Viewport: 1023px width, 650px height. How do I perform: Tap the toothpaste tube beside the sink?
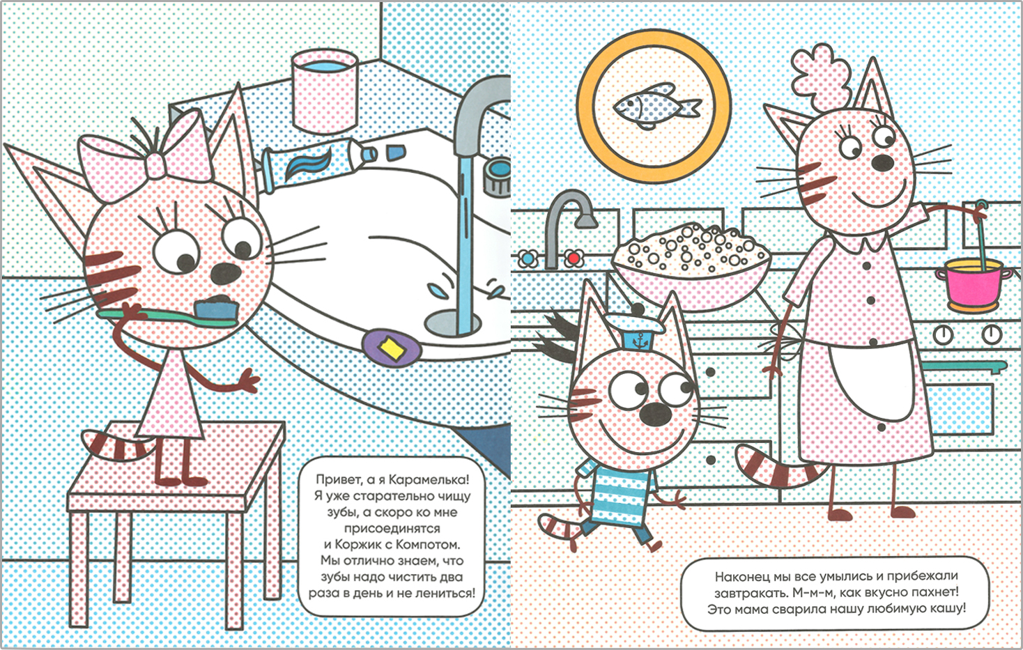[x=320, y=165]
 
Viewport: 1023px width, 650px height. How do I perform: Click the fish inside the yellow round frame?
[x=656, y=107]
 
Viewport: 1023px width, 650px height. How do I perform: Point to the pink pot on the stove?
[x=973, y=284]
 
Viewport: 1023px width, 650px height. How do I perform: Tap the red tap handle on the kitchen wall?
[x=574, y=258]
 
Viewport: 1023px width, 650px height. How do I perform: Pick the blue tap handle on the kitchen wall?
[x=528, y=258]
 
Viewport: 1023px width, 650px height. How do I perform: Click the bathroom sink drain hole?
[x=452, y=323]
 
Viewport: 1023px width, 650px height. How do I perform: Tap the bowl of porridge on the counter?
[x=691, y=264]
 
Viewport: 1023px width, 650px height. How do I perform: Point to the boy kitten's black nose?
[x=654, y=414]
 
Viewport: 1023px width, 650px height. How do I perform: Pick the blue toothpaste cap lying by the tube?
[x=396, y=152]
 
